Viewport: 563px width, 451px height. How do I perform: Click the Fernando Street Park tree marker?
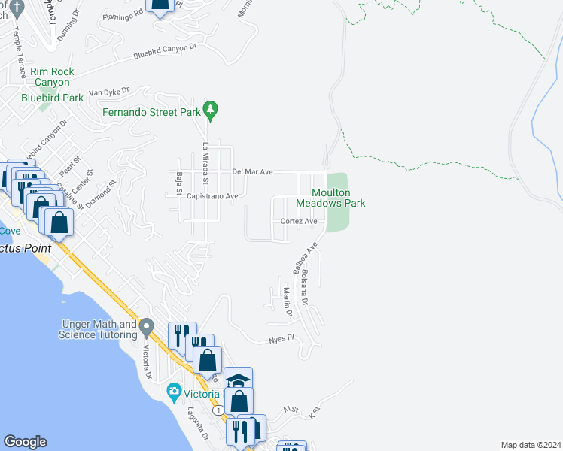coord(212,111)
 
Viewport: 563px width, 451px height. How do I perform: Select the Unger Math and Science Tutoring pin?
coord(147,328)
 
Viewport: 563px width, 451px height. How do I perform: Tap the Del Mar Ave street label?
coord(251,172)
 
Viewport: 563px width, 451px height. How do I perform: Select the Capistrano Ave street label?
coord(212,196)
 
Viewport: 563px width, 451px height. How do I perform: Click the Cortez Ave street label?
coord(299,221)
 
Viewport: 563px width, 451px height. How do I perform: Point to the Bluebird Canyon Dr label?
coord(165,51)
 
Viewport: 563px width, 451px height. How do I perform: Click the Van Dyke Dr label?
coord(109,92)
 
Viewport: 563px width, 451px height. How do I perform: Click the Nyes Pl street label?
coord(280,340)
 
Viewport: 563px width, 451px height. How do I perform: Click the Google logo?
coord(25,442)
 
